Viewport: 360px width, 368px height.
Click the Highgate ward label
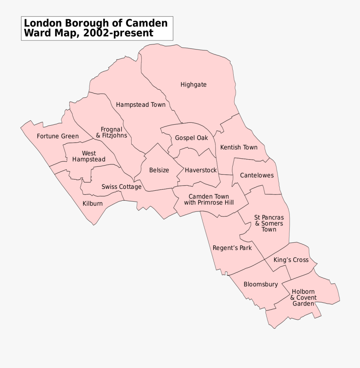pyautogui.click(x=193, y=84)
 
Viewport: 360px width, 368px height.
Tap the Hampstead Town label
pyautogui.click(x=140, y=105)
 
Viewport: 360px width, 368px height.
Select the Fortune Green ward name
pyautogui.click(x=58, y=136)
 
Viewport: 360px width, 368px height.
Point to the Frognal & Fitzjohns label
pyautogui.click(x=112, y=132)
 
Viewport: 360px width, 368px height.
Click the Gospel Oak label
pyautogui.click(x=192, y=138)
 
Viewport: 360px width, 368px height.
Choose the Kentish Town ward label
pyautogui.click(x=239, y=147)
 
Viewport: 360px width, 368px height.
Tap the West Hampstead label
pyautogui.click(x=89, y=156)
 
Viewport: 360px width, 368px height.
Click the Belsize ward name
pyautogui.click(x=159, y=170)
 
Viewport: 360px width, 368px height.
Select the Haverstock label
pyautogui.click(x=200, y=170)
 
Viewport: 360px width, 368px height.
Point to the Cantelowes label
pyautogui.click(x=257, y=175)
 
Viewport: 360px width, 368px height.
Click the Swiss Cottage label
pyautogui.click(x=121, y=187)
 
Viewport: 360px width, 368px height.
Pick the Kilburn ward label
pyautogui.click(x=92, y=204)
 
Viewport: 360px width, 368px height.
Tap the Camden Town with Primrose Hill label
pyautogui.click(x=209, y=200)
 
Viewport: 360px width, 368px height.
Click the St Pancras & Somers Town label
pyautogui.click(x=269, y=223)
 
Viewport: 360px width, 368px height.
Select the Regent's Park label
pyautogui.click(x=232, y=248)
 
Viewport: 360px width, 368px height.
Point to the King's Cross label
pyautogui.click(x=291, y=260)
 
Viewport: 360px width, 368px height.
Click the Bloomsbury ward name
pyautogui.click(x=260, y=284)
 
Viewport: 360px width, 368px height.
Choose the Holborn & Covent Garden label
pyautogui.click(x=303, y=298)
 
